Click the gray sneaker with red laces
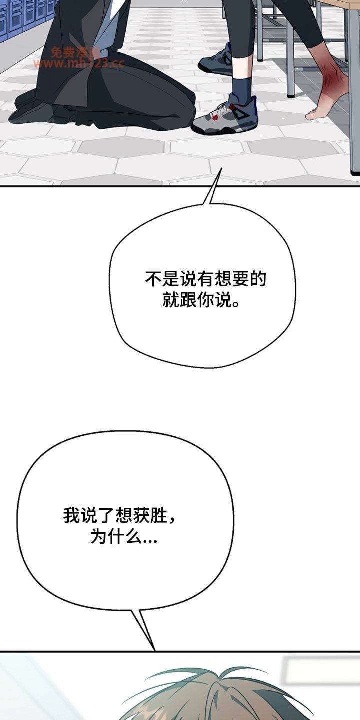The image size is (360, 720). tap(224, 115)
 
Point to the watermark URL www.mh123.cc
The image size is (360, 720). tap(79, 63)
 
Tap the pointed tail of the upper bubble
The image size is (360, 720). tap(221, 168)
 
